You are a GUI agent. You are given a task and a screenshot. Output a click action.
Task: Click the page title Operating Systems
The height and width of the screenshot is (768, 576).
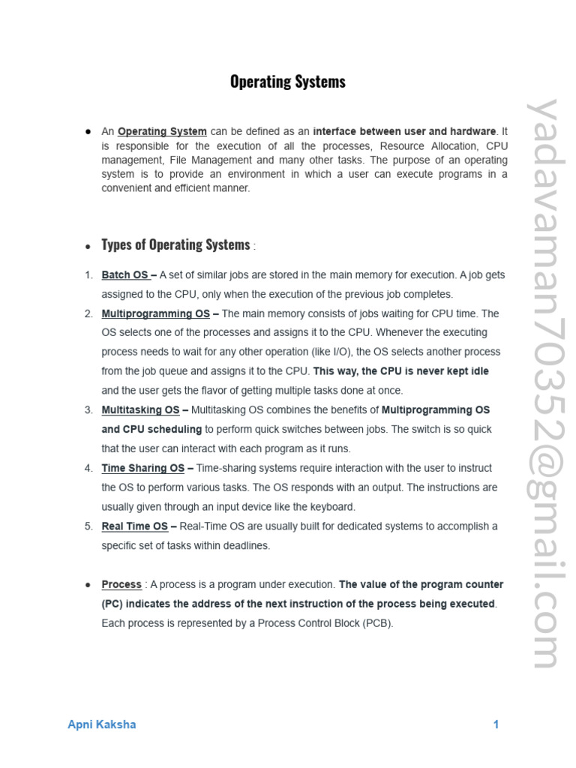[x=288, y=82]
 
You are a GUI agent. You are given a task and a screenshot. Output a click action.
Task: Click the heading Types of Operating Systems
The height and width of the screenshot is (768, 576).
[x=175, y=245]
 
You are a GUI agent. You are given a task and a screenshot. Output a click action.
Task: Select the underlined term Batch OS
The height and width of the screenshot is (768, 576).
[x=125, y=275]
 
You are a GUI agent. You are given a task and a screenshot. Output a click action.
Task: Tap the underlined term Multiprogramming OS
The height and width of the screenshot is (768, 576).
[x=156, y=313]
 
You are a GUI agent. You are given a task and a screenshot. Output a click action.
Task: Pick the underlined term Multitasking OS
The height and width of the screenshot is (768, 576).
[x=141, y=409]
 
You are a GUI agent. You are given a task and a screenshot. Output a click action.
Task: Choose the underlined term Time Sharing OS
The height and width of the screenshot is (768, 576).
[x=143, y=468]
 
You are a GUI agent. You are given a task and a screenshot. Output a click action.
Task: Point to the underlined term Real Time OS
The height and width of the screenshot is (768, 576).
[x=135, y=526]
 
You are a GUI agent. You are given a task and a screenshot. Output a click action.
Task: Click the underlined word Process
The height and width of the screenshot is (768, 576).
[x=121, y=584]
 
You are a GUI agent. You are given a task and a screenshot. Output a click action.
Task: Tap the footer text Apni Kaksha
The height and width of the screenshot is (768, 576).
[x=102, y=724]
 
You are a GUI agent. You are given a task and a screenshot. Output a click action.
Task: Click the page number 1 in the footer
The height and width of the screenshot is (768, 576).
[x=496, y=724]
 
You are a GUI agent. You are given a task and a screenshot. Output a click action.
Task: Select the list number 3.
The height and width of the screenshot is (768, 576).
[x=88, y=409]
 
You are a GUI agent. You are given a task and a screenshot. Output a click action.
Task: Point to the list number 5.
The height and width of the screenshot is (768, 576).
[x=88, y=526]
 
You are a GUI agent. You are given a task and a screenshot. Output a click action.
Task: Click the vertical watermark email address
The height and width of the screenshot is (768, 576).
[x=543, y=382]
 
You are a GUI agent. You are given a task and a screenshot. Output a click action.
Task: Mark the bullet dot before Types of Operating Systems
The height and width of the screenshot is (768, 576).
[x=88, y=246]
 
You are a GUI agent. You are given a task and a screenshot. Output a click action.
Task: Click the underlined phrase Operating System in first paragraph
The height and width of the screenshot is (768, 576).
[x=162, y=132]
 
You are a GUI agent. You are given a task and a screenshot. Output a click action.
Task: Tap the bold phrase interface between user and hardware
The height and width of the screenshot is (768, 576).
[x=405, y=132]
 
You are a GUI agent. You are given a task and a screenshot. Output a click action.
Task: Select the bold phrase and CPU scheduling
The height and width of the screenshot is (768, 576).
[x=151, y=429]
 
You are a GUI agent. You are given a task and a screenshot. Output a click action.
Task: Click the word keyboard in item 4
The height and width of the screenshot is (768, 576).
[x=331, y=506]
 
